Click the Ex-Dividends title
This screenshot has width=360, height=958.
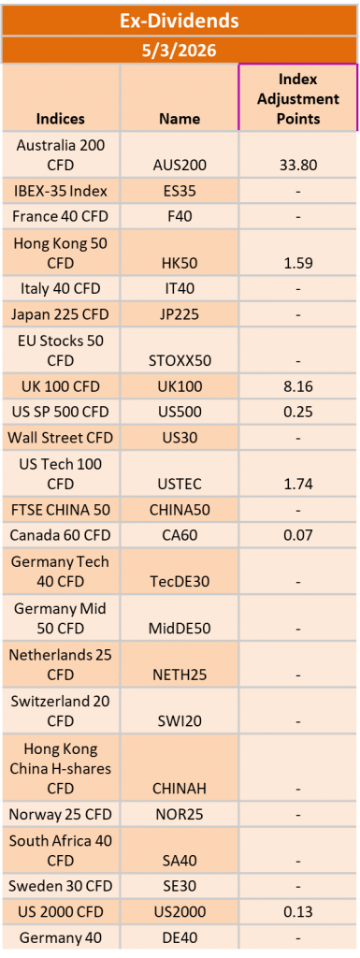(x=180, y=20)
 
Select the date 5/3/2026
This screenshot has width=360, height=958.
(x=180, y=51)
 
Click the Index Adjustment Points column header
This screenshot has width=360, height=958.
(x=298, y=98)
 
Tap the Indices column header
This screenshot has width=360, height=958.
(x=61, y=119)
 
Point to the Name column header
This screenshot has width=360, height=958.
(x=180, y=119)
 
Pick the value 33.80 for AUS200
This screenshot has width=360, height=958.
(x=298, y=165)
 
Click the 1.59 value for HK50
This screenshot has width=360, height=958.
(x=298, y=263)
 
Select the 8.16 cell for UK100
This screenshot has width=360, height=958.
(x=298, y=385)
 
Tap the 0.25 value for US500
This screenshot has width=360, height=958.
(x=298, y=412)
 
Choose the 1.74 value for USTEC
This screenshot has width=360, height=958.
(x=298, y=484)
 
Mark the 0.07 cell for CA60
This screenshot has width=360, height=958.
(x=298, y=535)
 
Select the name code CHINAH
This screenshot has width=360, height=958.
(x=180, y=789)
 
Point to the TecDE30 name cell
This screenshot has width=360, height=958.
(x=180, y=581)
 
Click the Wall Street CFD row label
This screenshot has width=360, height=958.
(x=61, y=437)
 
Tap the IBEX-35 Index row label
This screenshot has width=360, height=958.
(x=61, y=191)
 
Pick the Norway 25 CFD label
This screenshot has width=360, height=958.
(x=61, y=814)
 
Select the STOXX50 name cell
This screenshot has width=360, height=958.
(x=180, y=359)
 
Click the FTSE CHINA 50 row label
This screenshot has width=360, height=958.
(x=61, y=510)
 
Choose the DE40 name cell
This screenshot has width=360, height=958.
(x=180, y=937)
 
